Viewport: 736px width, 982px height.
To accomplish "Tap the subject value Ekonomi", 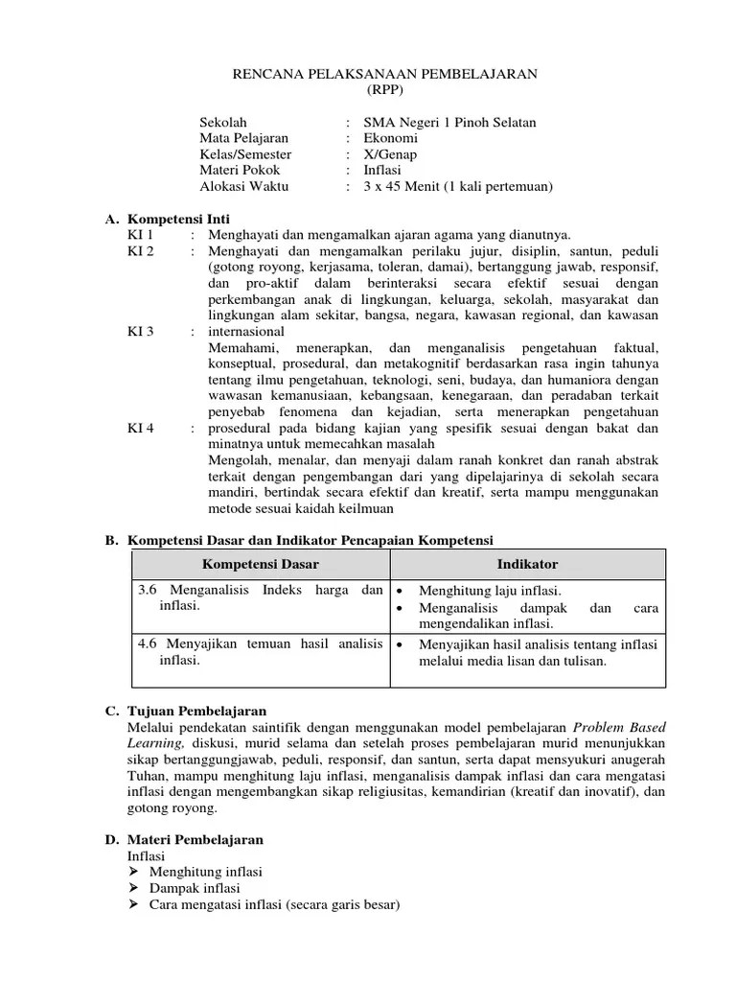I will pyautogui.click(x=391, y=138).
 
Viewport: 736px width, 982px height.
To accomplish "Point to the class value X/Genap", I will pyautogui.click(x=390, y=154).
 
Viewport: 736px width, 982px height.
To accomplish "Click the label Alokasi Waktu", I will pyautogui.click(x=243, y=187).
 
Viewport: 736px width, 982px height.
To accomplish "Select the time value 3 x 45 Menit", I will pyautogui.click(x=410, y=187).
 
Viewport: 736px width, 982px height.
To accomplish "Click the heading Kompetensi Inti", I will pyautogui.click(x=177, y=219).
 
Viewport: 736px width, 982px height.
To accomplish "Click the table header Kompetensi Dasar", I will pyautogui.click(x=260, y=565).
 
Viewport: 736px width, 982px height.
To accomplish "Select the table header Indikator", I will pyautogui.click(x=526, y=565).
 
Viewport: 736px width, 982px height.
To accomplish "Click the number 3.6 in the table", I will pyautogui.click(x=148, y=591).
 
